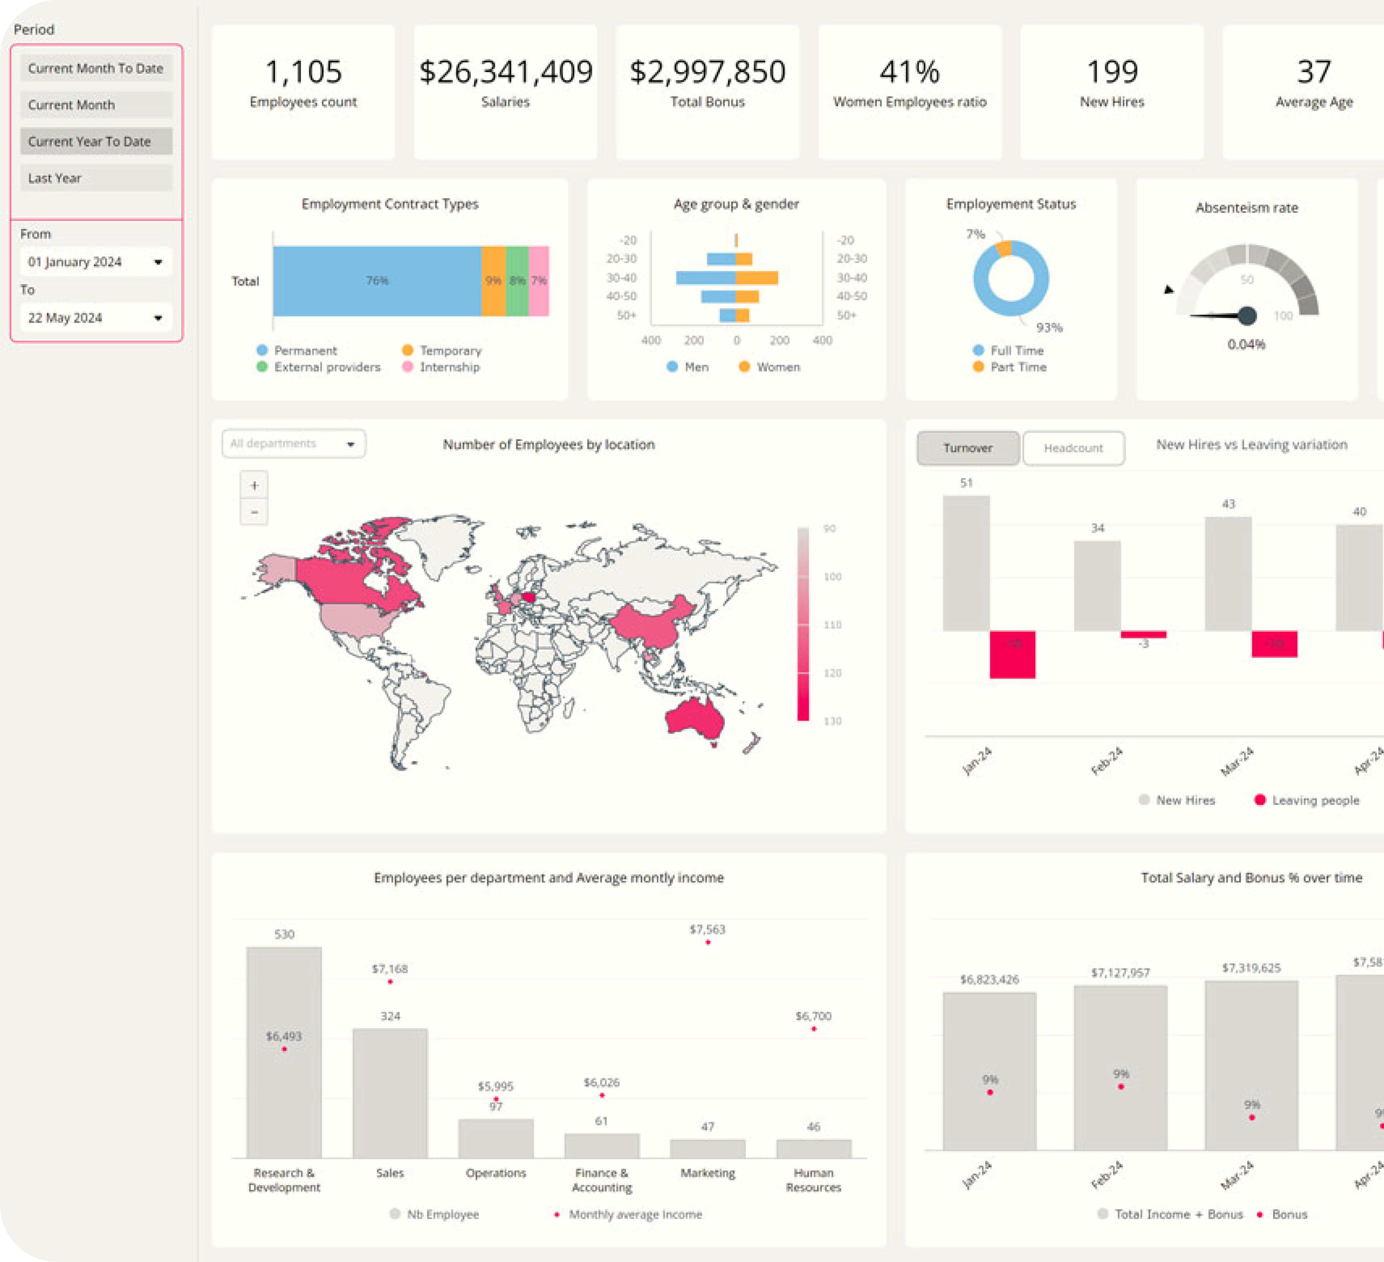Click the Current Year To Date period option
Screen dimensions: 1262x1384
(x=95, y=142)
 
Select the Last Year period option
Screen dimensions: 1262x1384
(x=95, y=178)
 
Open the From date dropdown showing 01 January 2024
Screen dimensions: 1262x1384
(x=95, y=262)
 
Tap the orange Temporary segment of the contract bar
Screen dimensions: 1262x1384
(x=493, y=281)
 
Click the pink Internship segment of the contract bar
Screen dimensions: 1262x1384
(x=539, y=281)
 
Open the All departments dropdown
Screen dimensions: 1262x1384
(x=293, y=443)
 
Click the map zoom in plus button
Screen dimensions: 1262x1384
(x=254, y=485)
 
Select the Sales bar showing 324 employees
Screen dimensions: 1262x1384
(x=390, y=1092)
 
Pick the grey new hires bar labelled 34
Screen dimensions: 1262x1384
(x=1097, y=585)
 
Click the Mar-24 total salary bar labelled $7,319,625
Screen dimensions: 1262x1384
(x=1251, y=1064)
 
